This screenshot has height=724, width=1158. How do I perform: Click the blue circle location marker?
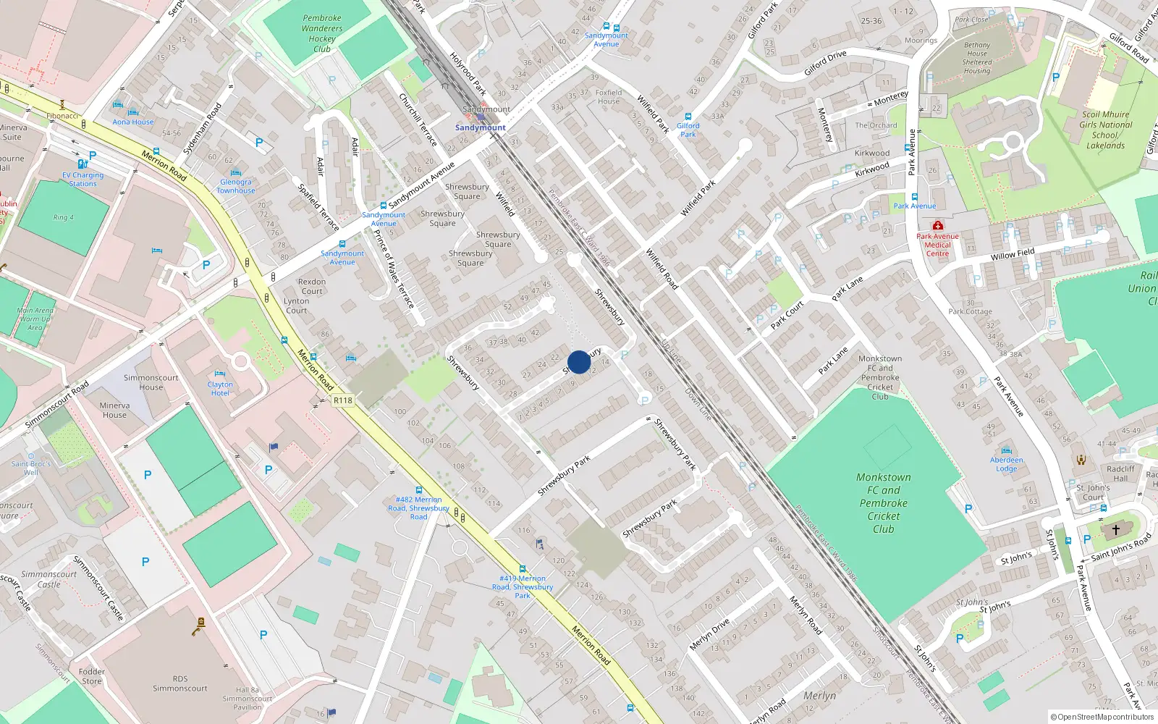pyautogui.click(x=579, y=362)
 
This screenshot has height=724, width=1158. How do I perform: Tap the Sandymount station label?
pyautogui.click(x=481, y=127)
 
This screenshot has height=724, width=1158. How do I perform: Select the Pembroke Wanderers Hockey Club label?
pyautogui.click(x=322, y=34)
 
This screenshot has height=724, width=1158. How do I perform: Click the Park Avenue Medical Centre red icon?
pyautogui.click(x=938, y=226)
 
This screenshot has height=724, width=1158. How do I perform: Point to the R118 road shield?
pyautogui.click(x=343, y=400)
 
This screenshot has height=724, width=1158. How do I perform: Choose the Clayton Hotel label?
pyautogui.click(x=220, y=389)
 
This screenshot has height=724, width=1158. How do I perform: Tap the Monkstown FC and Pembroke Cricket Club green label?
pyautogui.click(x=884, y=503)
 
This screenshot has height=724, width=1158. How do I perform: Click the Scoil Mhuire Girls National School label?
pyautogui.click(x=1105, y=130)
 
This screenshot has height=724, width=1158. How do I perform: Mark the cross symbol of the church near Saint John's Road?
pyautogui.click(x=1116, y=530)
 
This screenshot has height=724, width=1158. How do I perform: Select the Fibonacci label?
pyautogui.click(x=62, y=116)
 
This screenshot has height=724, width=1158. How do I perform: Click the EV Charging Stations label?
pyautogui.click(x=83, y=179)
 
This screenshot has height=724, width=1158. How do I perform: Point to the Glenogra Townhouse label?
pyautogui.click(x=236, y=186)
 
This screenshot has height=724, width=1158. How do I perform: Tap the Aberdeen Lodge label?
pyautogui.click(x=1007, y=464)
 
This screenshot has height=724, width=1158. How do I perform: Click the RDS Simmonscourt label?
pyautogui.click(x=180, y=683)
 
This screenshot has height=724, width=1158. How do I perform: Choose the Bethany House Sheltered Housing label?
pyautogui.click(x=977, y=58)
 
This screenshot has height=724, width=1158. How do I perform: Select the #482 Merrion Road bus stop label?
pyautogui.click(x=418, y=508)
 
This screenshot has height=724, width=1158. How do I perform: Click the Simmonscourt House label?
pyautogui.click(x=151, y=382)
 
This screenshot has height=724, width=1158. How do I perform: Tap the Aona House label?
pyautogui.click(x=133, y=122)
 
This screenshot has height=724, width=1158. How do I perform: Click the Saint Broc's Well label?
pyautogui.click(x=31, y=468)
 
